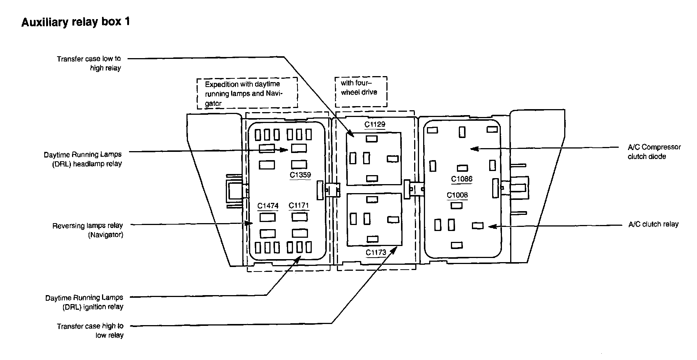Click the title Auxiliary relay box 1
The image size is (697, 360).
pyautogui.click(x=75, y=22)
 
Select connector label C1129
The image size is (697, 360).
pyautogui.click(x=375, y=124)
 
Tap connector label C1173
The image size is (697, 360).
pyautogui.click(x=376, y=252)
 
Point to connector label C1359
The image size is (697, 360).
pyautogui.click(x=300, y=175)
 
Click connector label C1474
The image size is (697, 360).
pyautogui.click(x=268, y=206)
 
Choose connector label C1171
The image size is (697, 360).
pyautogui.click(x=299, y=205)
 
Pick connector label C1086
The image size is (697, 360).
pyautogui.click(x=461, y=179)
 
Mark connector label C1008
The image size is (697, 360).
pyautogui.click(x=457, y=195)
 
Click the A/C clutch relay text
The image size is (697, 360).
pyautogui.click(x=653, y=224)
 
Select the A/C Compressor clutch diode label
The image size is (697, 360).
pyautogui.click(x=654, y=151)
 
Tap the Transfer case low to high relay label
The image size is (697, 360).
pyautogui.click(x=89, y=63)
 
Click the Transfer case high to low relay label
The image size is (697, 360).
pyautogui.click(x=90, y=331)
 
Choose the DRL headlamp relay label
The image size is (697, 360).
pyautogui.click(x=83, y=159)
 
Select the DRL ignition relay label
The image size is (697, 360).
pyautogui.click(x=84, y=302)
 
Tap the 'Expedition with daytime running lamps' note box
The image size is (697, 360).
pyautogui.click(x=247, y=93)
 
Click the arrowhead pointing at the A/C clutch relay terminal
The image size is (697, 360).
pyautogui.click(x=491, y=226)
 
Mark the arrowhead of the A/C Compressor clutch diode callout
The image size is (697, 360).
pyautogui.click(x=473, y=148)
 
